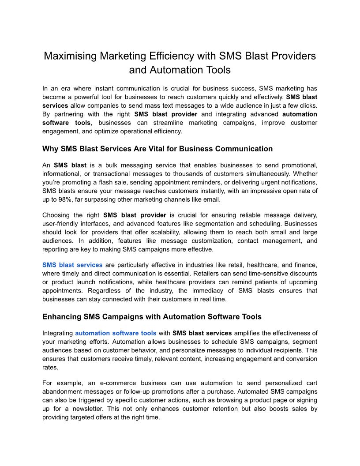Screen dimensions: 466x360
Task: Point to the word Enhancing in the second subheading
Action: point(61,316)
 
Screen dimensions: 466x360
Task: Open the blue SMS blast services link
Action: point(72,265)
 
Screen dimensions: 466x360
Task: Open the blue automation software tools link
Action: point(116,333)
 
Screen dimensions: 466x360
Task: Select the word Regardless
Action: point(106,290)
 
